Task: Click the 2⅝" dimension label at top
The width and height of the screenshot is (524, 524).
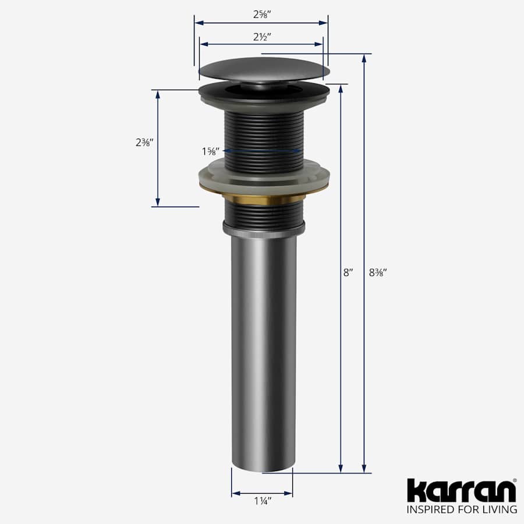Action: click(x=261, y=13)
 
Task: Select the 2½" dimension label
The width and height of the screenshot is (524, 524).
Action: click(x=261, y=36)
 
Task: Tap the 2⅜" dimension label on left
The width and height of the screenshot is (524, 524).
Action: click(x=143, y=142)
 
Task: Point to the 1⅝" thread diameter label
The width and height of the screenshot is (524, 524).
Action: click(x=210, y=151)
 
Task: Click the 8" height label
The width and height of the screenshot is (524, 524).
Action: click(x=348, y=272)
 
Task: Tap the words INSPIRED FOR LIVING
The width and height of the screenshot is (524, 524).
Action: click(x=462, y=510)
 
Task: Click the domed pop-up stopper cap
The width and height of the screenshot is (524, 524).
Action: click(x=264, y=70)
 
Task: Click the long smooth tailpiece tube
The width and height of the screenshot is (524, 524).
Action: click(x=263, y=349)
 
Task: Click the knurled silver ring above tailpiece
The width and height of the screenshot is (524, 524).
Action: click(x=263, y=230)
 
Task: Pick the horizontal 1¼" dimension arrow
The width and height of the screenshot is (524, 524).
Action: click(x=262, y=493)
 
